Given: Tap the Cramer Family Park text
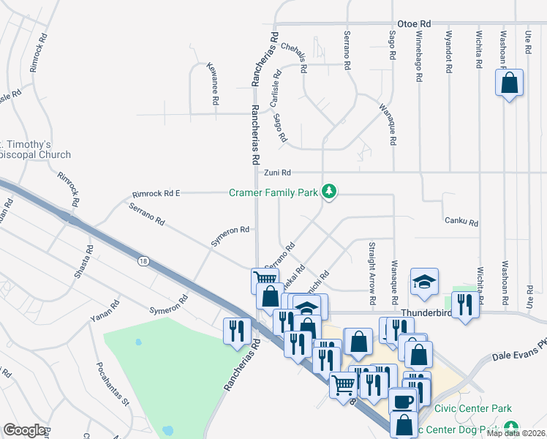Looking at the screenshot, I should pyautogui.click(x=273, y=192).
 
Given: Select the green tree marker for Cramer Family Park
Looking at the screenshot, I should pyautogui.click(x=330, y=192).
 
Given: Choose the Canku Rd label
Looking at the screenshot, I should pyautogui.click(x=461, y=222).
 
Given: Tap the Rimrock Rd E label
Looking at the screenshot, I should pyautogui.click(x=156, y=194).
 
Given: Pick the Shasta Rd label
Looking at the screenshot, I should pyautogui.click(x=88, y=259).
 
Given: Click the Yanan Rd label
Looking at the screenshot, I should pyautogui.click(x=105, y=312).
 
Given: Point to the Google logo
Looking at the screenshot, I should pyautogui.click(x=24, y=430).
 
